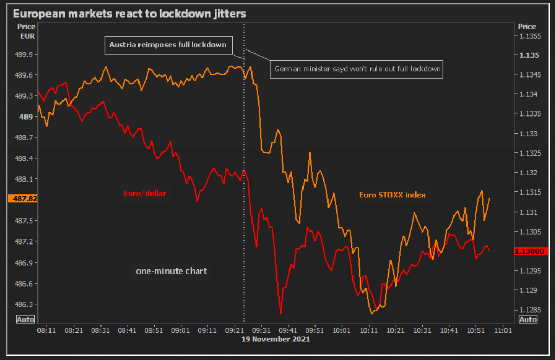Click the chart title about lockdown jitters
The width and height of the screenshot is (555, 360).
[129, 13]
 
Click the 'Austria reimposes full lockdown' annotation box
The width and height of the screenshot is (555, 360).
[168, 45]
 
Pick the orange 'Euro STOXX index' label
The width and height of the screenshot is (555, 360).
[392, 195]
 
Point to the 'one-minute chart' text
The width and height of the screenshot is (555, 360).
[171, 271]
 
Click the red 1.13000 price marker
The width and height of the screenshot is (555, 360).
[529, 251]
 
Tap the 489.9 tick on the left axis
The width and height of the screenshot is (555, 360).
[26, 54]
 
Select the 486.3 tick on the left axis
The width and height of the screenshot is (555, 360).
[26, 304]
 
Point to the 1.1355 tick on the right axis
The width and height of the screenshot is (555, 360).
[529, 36]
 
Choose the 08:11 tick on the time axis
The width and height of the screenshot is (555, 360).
[46, 330]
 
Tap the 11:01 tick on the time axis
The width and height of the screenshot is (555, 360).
[502, 330]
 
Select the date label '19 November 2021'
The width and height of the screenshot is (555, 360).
[275, 339]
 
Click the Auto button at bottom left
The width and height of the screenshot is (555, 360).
[26, 319]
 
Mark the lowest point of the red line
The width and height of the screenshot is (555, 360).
[280, 314]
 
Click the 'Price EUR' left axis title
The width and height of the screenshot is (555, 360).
[27, 31]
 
